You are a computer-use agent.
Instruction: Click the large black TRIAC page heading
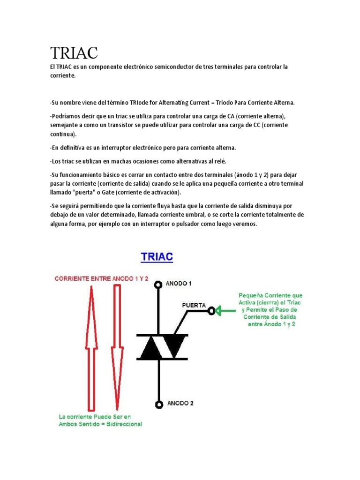74,53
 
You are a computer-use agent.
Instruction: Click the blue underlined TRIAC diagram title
157,257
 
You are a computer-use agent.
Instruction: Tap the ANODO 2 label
180,403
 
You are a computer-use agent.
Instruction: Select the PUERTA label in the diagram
194,305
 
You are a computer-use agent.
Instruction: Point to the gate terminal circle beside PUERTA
212,310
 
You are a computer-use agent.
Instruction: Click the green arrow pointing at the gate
227,310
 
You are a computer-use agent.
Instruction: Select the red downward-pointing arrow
117,347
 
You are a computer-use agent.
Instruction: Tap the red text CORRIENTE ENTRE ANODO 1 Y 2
102,278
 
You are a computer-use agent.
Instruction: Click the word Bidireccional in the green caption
122,424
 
